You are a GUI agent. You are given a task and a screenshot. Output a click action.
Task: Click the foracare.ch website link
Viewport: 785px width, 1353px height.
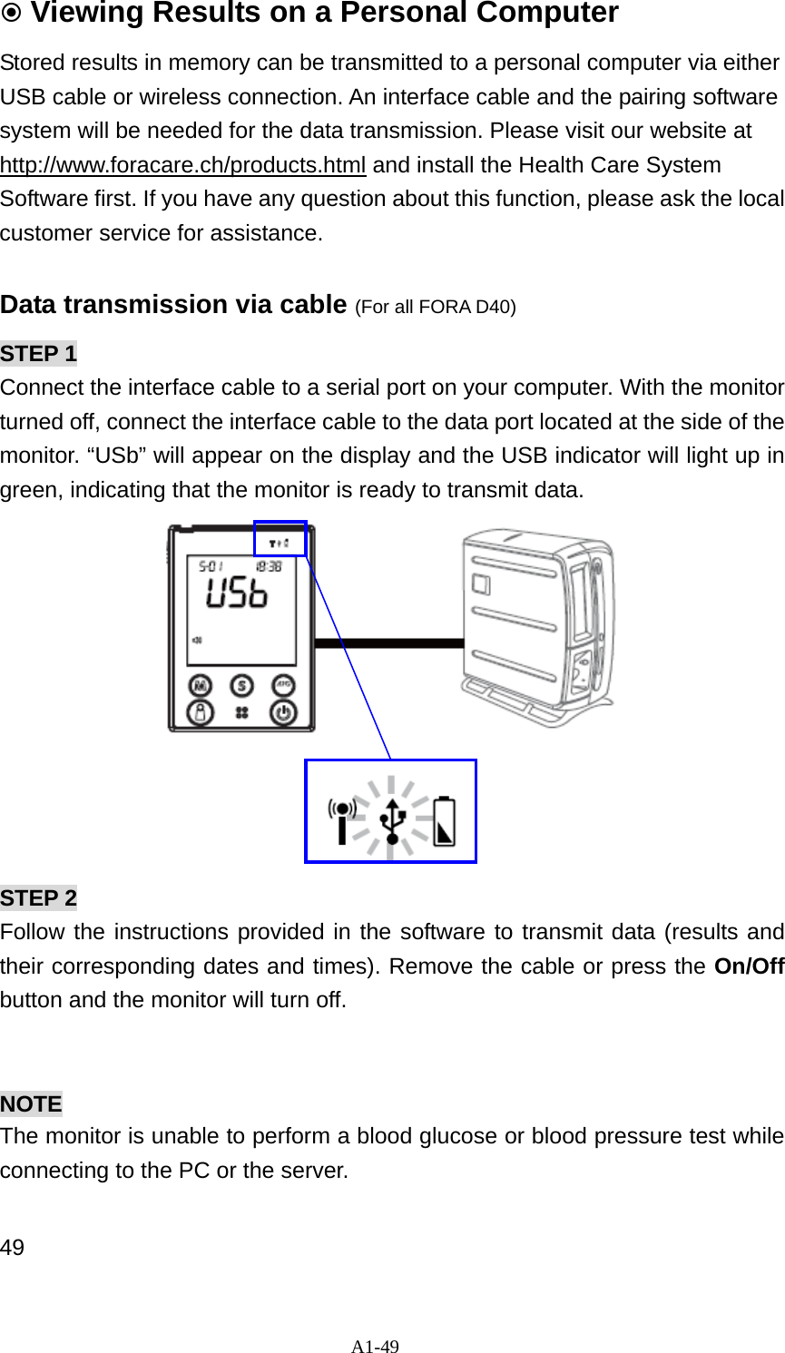coord(183,165)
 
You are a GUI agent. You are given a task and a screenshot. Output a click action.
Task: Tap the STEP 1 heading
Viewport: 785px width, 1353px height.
coord(39,353)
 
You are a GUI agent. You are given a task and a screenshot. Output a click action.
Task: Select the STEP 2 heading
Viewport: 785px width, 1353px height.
coord(39,897)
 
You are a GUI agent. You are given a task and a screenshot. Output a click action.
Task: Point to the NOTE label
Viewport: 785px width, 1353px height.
coord(32,1103)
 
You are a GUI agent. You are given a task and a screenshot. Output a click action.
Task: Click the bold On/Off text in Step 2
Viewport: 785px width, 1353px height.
coord(749,966)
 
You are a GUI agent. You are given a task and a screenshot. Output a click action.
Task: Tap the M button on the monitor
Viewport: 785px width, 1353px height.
coord(199,685)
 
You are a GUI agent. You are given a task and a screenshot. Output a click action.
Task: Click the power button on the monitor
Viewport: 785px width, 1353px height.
coord(283,713)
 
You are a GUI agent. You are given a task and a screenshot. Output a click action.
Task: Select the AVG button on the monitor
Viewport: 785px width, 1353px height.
coord(283,685)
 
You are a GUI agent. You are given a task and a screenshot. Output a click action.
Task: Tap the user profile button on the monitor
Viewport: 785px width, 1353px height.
coord(199,713)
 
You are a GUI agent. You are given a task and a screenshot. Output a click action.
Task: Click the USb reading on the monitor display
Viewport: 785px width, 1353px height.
coord(237,594)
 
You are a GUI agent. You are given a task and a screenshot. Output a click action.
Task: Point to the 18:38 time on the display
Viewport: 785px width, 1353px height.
coord(268,566)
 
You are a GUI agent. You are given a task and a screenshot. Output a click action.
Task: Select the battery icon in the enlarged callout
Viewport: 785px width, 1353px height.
coord(444,819)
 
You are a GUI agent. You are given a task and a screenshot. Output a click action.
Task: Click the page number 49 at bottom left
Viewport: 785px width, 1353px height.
coord(13,1247)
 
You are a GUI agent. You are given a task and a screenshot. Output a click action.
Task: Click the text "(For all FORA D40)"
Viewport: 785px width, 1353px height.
coord(436,307)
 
